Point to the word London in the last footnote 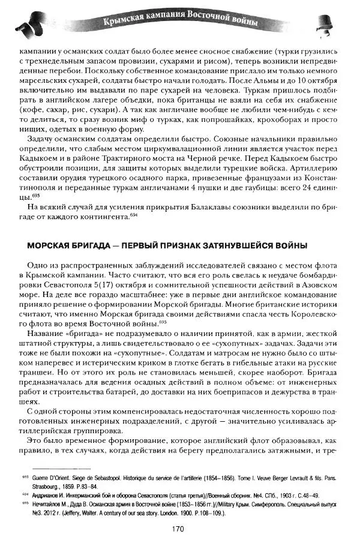tap(206, 513)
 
